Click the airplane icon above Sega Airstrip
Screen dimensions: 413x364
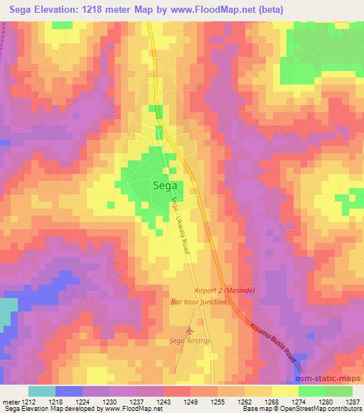click(188, 331)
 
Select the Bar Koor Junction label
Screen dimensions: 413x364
click(198, 302)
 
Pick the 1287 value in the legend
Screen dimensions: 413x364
click(353, 401)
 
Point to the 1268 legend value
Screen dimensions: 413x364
click(272, 401)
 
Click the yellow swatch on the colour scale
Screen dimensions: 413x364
click(284, 391)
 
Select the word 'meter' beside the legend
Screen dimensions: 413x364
click(11, 401)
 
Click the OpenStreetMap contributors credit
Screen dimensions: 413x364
click(323, 409)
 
